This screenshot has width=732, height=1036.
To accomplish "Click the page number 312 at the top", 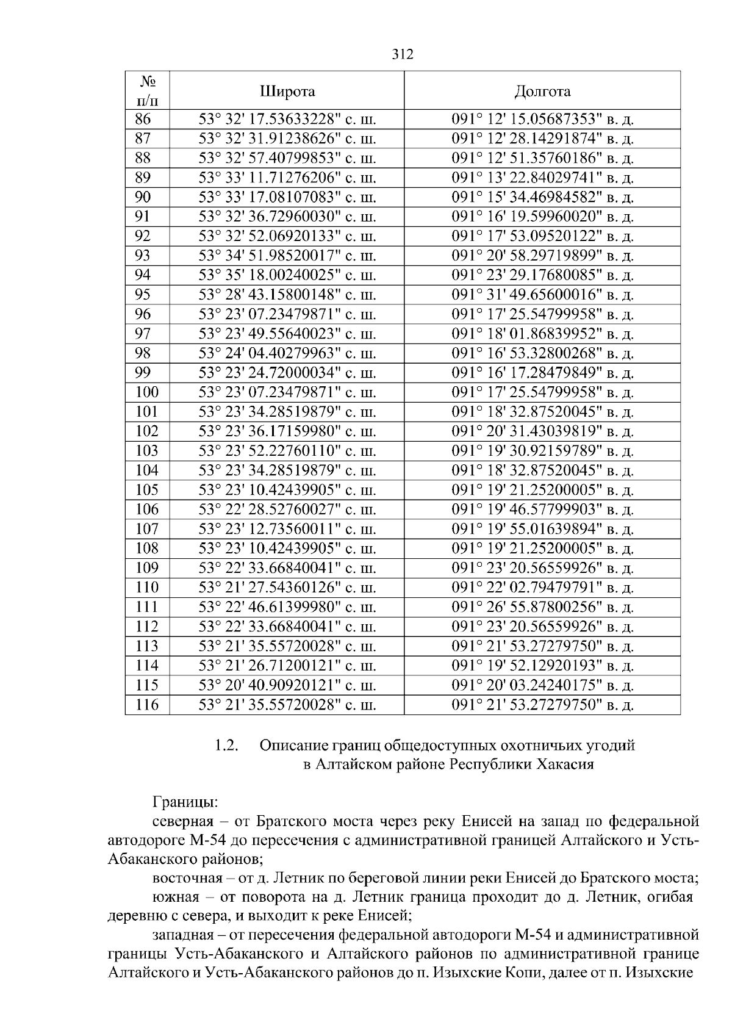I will pos(402,55).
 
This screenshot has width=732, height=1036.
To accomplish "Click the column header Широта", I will pos(287,92).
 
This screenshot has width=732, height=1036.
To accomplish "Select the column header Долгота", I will pos(542,92).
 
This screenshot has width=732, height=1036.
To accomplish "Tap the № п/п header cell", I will pos(147,91).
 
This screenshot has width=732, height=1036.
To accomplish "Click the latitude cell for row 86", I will pos(287,120).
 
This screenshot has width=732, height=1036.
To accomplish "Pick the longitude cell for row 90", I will pos(542,198).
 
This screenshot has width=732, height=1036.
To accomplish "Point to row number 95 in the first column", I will pos(143,295).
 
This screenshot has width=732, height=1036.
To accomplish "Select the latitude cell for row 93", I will pos(287,256).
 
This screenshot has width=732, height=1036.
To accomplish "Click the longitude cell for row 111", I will pos(542,608).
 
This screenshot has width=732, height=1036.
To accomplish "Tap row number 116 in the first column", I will pos(147,705).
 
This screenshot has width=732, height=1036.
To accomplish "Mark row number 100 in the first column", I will pos(147,392).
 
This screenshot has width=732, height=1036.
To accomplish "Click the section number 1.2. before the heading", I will pos(226,746).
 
